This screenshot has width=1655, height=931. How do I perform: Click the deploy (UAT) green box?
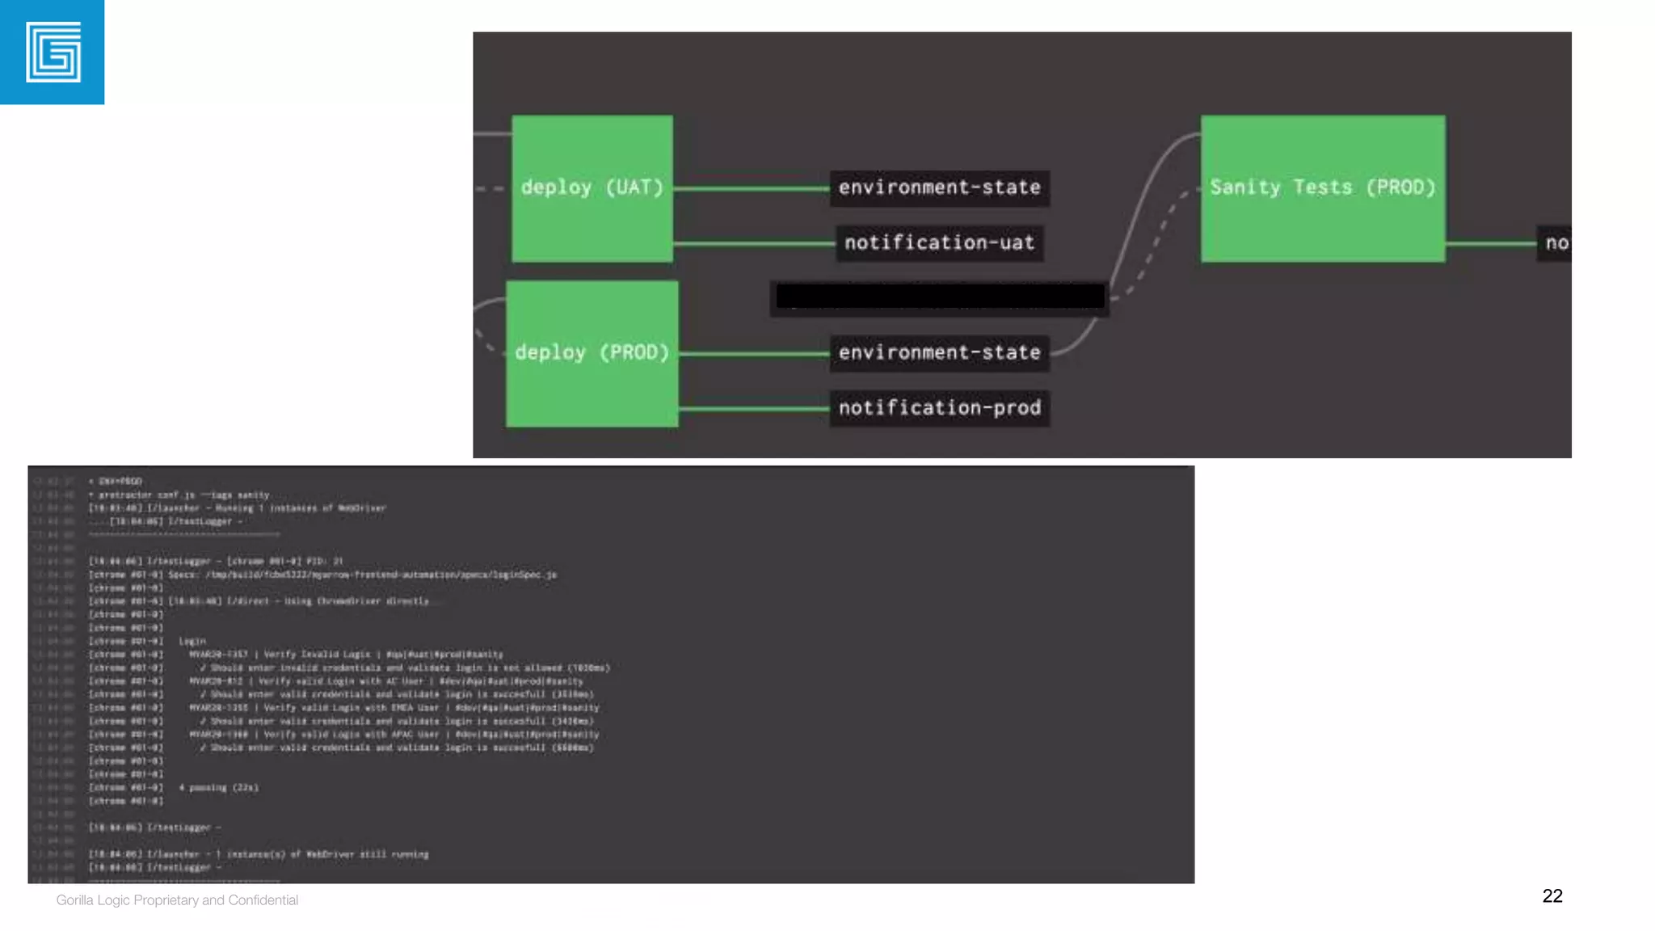(x=592, y=188)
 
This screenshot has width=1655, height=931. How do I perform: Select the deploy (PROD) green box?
(x=592, y=353)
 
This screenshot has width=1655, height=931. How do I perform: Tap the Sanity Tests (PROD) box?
(x=1322, y=188)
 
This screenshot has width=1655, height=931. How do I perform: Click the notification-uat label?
(x=939, y=243)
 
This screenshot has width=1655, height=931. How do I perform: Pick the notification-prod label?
(x=939, y=408)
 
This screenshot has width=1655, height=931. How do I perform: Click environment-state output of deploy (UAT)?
(x=939, y=188)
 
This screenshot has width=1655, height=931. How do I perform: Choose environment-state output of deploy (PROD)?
(x=939, y=353)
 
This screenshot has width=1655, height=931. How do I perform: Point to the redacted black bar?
(x=939, y=297)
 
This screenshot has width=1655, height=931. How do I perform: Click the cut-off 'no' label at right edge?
(x=1556, y=243)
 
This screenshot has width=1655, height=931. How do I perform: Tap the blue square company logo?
(x=53, y=53)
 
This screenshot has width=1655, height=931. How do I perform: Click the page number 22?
(x=1552, y=895)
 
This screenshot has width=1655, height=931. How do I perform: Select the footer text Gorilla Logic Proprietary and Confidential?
(x=177, y=900)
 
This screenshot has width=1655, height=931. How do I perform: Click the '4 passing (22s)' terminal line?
(x=219, y=787)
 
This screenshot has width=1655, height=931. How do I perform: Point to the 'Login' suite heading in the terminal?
(x=192, y=641)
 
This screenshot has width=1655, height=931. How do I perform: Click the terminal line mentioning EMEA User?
(x=394, y=708)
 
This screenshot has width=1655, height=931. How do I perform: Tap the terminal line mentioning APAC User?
(x=394, y=735)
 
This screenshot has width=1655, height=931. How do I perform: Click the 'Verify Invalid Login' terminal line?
(x=346, y=655)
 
